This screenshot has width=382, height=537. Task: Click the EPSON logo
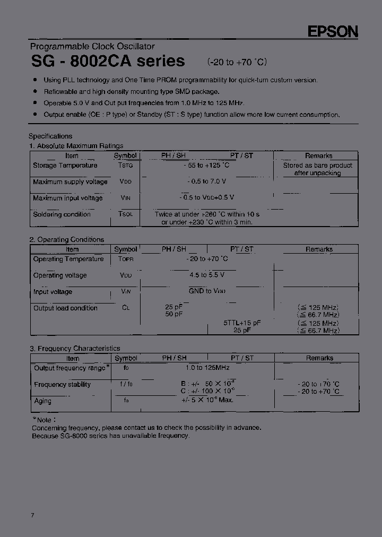(333, 32)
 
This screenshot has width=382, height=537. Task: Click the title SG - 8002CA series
(108, 61)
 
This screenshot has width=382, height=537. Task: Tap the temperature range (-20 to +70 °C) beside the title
(237, 62)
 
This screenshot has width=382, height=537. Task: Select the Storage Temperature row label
(65, 166)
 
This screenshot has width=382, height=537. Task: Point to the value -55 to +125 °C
(206, 166)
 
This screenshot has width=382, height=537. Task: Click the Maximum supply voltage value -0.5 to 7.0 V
(206, 182)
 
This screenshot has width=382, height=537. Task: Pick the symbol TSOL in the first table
(126, 214)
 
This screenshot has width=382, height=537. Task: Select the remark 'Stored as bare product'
(317, 166)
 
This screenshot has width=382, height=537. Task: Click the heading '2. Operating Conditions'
(66, 239)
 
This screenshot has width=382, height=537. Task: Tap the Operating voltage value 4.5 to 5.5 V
(206, 275)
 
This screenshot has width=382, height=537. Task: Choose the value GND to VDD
(207, 291)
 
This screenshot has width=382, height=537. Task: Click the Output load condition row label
(65, 308)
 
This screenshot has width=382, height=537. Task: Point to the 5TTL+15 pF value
(241, 323)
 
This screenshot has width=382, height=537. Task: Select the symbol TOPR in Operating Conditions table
(126, 259)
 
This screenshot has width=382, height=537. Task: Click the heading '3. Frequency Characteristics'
(74, 348)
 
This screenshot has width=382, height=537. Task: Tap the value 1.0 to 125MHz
(207, 368)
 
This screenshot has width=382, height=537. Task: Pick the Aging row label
(43, 401)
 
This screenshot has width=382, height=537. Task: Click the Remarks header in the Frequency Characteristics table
(319, 358)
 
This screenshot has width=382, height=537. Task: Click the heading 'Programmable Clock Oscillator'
(92, 47)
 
